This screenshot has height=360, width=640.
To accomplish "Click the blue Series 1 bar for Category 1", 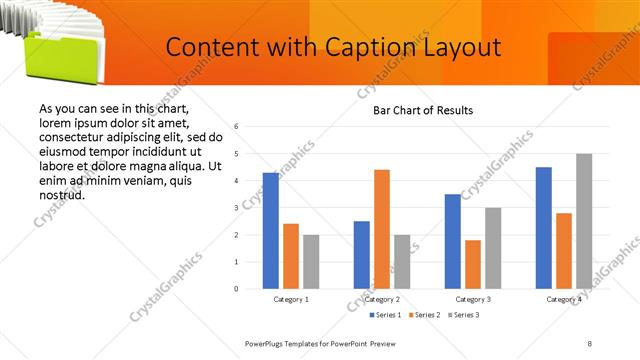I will coord(270,231).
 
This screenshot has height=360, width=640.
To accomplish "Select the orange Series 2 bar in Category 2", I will coord(382,229).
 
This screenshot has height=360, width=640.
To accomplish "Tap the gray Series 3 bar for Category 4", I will coord(584,221).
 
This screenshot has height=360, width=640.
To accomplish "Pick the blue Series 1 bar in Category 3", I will coord(453,241).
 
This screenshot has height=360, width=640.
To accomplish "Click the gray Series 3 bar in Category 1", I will coord(311,262).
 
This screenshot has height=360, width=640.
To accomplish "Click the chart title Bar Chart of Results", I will coord(422,110).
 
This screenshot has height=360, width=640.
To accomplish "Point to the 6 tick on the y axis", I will coord(236,127).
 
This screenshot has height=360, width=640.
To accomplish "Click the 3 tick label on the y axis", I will coord(236,208).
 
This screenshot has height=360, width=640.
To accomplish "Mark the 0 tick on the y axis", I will coord(236,289).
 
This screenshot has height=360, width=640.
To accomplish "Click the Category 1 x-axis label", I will coord(291,300).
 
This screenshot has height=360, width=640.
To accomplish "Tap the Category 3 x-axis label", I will coord(473,300).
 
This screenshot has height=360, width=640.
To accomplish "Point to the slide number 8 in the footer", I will coord(589,343).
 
